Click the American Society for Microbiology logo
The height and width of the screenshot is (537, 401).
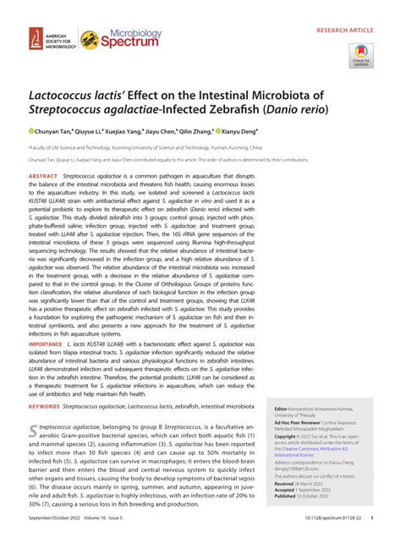pyautogui.click(x=49, y=38)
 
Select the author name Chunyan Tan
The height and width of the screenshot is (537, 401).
pyautogui.click(x=55, y=132)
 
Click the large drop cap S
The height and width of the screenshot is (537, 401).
pyautogui.click(x=33, y=433)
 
